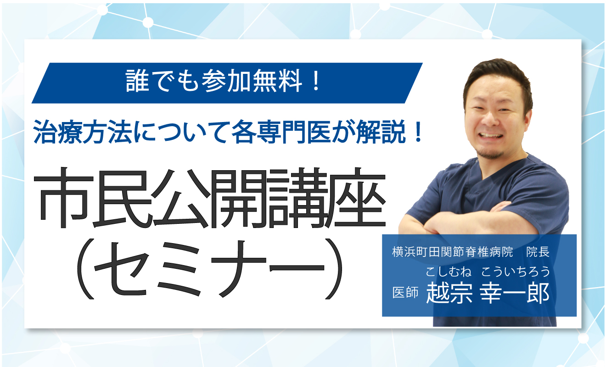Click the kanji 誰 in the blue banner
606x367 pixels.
(x=137, y=81)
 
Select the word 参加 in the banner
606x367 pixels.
(x=226, y=81)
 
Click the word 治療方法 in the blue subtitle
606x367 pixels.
(x=83, y=132)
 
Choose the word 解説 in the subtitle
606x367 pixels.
(x=381, y=132)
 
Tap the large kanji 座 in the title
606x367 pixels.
(x=355, y=198)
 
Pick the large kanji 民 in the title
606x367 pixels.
(x=122, y=198)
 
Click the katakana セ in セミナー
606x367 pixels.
(x=121, y=270)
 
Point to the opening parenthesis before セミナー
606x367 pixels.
(x=85, y=269)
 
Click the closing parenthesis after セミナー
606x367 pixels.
(x=334, y=269)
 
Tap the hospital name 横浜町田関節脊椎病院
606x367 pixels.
(x=452, y=252)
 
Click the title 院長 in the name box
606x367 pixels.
(x=538, y=252)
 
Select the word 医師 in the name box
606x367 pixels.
(x=405, y=292)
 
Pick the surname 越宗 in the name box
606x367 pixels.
(x=449, y=292)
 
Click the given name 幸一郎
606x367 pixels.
(x=515, y=292)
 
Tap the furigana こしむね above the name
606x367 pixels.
(x=449, y=272)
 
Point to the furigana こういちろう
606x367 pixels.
(x=516, y=272)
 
